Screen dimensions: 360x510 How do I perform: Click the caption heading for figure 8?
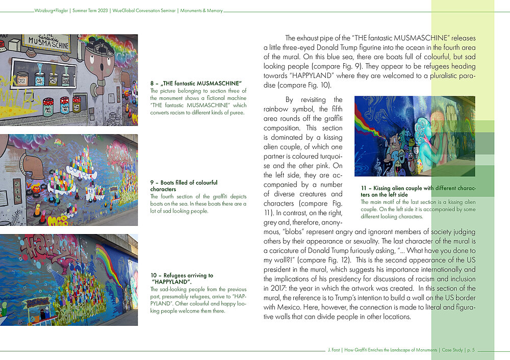tap(196, 83)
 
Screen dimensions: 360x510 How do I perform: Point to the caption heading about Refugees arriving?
tap(182, 278)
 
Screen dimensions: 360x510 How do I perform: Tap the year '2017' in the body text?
tap(274, 289)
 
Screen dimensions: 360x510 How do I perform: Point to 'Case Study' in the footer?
tap(451, 350)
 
